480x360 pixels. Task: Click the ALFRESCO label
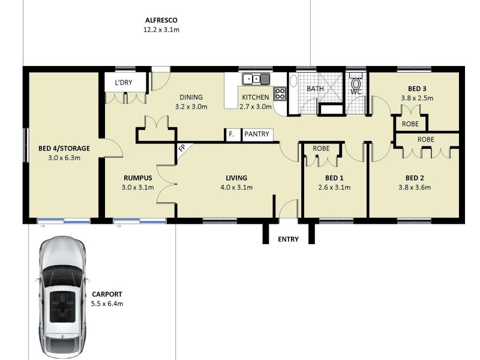(161, 20)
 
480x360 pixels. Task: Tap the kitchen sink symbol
(256, 79)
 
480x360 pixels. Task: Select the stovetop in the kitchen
(280, 94)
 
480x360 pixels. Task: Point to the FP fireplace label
(182, 148)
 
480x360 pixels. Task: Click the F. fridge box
(232, 134)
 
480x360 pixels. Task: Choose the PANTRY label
(257, 134)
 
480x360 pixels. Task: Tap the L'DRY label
(124, 82)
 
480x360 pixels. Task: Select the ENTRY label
(288, 239)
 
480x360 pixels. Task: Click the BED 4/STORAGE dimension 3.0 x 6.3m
(64, 158)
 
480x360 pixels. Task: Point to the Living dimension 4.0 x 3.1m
(236, 187)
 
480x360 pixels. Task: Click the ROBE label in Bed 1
(321, 148)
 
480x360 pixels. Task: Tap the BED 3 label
(417, 89)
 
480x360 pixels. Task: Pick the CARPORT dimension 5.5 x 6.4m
(107, 304)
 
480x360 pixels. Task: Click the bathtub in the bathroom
(293, 94)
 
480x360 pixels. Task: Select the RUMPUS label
(138, 178)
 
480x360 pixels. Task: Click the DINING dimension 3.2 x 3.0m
(191, 107)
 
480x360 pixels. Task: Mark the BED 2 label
(415, 178)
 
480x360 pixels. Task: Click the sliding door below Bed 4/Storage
(64, 221)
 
